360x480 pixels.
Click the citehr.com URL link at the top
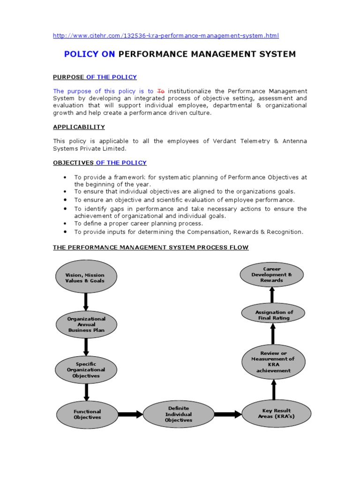point(166,36)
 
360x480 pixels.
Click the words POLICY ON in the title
point(90,54)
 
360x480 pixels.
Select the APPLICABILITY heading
point(79,127)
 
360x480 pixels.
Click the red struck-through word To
point(161,91)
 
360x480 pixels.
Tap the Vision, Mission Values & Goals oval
point(86,277)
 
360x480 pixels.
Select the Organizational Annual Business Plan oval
point(86,324)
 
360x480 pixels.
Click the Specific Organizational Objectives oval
point(86,370)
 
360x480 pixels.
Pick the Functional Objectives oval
point(87,414)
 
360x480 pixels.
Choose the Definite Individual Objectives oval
point(178,414)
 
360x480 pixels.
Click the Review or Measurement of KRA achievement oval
point(273,362)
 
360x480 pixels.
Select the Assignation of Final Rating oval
point(274,315)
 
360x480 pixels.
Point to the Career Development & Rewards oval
point(272,275)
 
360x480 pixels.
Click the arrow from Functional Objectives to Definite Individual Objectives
point(130,414)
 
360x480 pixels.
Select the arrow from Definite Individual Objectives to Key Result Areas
point(227,414)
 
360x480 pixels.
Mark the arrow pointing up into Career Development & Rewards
point(272,295)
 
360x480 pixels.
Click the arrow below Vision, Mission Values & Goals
point(86,301)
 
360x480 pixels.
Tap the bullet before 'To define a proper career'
point(64,224)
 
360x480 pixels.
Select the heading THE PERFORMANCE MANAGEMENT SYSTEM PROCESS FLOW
point(150,247)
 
